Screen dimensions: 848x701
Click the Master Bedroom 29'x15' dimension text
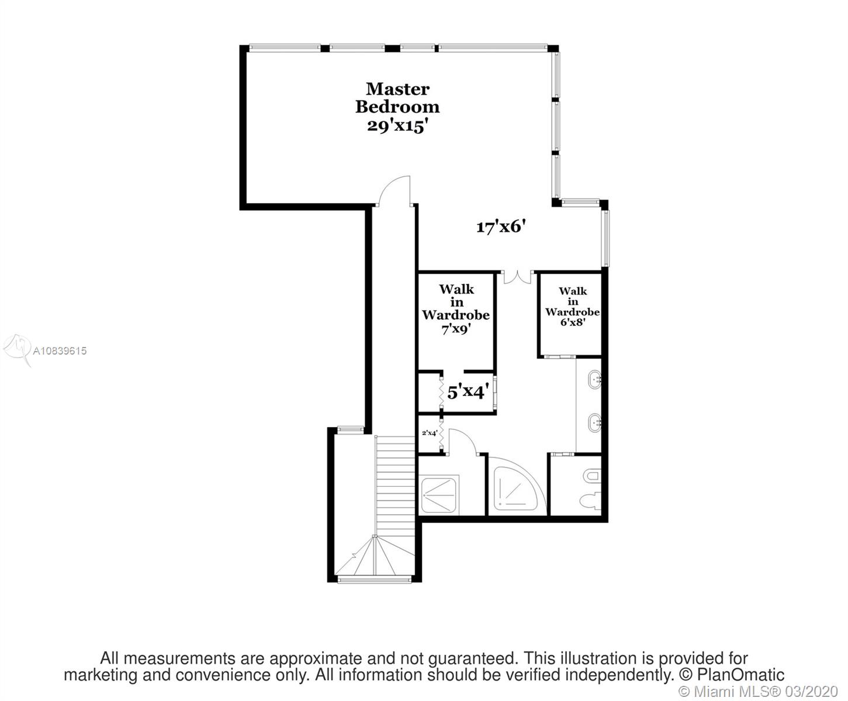point(397,126)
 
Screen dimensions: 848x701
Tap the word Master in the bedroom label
point(397,89)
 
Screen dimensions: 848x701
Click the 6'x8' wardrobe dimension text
point(573,322)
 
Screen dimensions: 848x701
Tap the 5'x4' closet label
point(468,392)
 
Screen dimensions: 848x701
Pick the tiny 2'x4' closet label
point(430,433)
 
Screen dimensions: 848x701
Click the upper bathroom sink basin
point(595,380)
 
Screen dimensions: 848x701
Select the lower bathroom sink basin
point(595,423)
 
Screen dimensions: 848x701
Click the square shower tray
point(439,495)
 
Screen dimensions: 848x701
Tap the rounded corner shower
point(515,489)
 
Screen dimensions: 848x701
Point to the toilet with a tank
point(590,501)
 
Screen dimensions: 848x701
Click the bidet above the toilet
point(593,475)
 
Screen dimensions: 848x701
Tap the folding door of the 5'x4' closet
point(441,392)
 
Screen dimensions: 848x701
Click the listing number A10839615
point(60,350)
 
